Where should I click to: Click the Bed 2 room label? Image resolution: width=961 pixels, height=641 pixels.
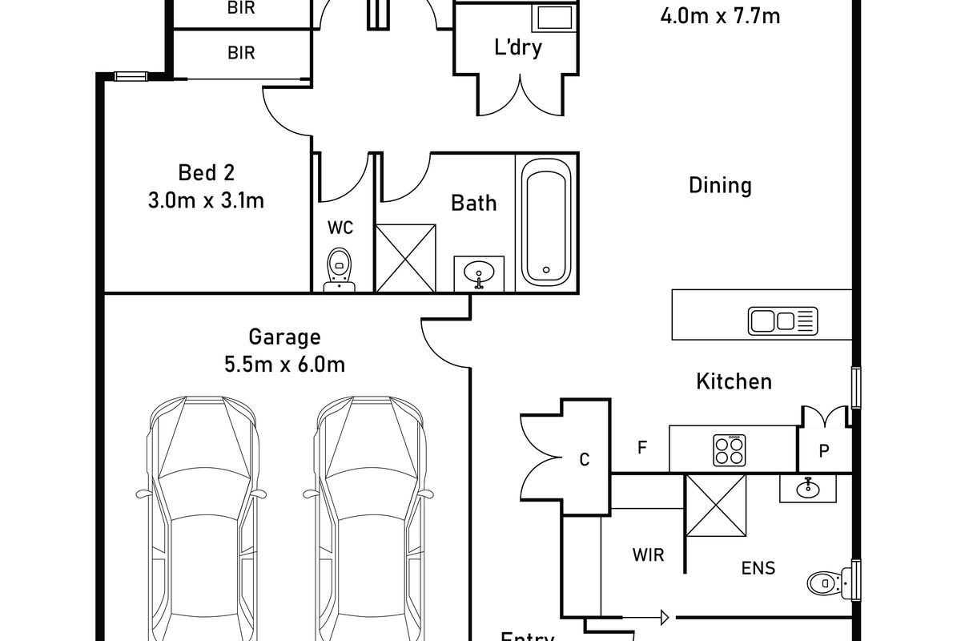point(197,172)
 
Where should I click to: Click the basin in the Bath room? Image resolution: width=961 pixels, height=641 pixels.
point(479,273)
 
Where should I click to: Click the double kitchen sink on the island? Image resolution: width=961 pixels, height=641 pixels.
point(782,320)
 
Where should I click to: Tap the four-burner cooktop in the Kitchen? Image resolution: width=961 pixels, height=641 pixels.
point(730,450)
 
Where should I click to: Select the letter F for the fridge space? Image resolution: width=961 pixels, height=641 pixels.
point(641,448)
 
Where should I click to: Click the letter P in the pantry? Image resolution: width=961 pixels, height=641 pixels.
point(823,451)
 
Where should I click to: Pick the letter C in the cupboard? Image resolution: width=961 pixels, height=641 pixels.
point(584,459)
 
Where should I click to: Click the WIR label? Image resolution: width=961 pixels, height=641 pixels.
point(648,554)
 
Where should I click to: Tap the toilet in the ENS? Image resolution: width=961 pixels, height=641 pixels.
point(823,581)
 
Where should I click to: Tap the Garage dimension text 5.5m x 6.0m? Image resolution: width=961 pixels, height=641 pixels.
point(284,365)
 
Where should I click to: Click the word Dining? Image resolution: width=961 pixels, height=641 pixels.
point(720,186)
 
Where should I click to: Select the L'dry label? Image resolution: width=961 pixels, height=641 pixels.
point(517,47)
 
